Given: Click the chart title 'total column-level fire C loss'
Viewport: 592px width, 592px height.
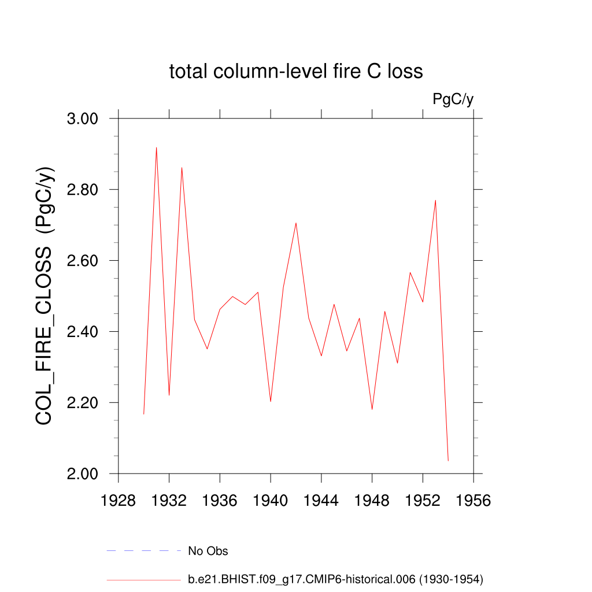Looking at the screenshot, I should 296,72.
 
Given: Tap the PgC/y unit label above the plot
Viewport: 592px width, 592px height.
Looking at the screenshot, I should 453,99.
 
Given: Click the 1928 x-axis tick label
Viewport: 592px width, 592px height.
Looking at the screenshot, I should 119,500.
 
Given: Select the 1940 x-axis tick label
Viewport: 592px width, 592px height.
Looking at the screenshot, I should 271,500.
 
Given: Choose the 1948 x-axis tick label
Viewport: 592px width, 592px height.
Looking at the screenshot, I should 372,500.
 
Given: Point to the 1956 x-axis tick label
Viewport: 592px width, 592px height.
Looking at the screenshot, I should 473,500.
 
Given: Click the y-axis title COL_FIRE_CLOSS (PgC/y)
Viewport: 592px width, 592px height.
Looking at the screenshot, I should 45,295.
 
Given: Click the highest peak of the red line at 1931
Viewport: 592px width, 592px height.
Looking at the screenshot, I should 156,147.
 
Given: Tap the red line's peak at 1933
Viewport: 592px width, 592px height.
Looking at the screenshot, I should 182,168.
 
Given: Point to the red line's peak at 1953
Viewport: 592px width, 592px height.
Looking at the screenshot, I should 435,200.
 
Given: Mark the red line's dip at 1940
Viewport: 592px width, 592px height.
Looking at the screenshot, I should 271,401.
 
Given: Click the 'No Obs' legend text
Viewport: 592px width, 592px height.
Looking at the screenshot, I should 208,551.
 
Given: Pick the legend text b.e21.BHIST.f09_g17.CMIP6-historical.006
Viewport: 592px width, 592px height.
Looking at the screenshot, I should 335,579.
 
